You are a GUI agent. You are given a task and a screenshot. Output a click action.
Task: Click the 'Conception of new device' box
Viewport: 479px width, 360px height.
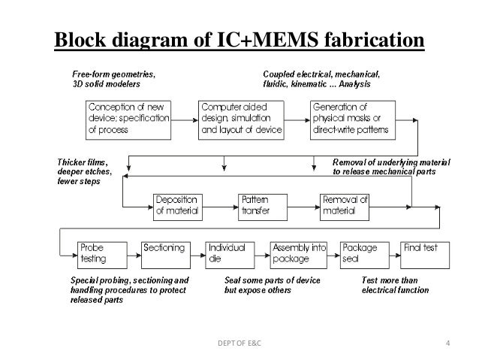128,120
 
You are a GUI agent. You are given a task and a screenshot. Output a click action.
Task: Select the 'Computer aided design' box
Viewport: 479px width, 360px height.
241,120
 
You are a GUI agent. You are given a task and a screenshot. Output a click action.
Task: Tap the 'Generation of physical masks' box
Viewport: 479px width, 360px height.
353,120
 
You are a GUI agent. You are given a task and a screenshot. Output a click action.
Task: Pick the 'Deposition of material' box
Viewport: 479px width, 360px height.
178,207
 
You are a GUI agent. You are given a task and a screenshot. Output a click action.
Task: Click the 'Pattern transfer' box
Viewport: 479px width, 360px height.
263,207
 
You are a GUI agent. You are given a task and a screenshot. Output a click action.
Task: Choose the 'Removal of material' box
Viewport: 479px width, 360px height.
345,207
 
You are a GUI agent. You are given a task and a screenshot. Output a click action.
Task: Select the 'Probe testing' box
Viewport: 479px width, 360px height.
102,256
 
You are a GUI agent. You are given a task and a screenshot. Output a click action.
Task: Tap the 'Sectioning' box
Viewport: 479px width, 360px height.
166,256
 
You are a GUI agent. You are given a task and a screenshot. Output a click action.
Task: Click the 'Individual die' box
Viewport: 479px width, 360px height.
230,256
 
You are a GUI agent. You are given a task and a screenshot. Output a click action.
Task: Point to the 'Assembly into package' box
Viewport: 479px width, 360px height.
299,256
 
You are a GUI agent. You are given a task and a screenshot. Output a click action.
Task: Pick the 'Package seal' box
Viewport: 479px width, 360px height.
365,256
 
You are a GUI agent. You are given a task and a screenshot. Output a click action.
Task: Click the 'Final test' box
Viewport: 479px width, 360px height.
425,256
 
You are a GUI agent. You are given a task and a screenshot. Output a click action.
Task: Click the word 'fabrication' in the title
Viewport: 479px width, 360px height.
374,39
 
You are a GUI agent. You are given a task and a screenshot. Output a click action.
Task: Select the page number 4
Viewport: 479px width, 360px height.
447,343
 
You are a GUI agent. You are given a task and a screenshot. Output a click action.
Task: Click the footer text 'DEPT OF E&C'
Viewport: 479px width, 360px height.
239,343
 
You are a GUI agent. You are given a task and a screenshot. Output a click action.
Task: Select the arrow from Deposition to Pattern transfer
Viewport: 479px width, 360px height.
220,207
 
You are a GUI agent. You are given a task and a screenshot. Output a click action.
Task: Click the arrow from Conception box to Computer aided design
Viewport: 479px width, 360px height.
185,120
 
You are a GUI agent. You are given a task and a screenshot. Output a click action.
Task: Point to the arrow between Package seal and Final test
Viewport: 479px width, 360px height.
395,256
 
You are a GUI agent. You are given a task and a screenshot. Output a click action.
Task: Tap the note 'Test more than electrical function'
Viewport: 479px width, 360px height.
396,285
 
